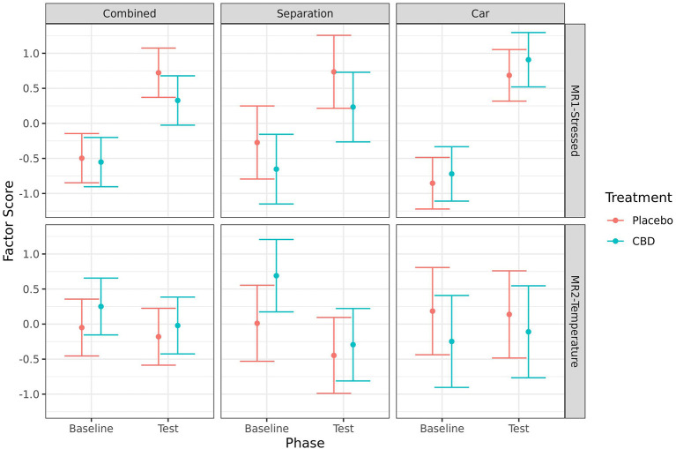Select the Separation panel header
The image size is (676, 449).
[303, 14]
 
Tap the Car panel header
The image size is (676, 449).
[479, 14]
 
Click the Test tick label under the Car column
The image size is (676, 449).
[518, 428]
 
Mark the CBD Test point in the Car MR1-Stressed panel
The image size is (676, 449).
[528, 60]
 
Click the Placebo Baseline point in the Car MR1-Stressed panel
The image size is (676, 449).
[432, 183]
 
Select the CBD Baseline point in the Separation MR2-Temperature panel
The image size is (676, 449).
[276, 275]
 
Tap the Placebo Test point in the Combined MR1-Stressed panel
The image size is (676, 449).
[159, 72]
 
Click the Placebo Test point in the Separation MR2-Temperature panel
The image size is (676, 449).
[334, 355]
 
